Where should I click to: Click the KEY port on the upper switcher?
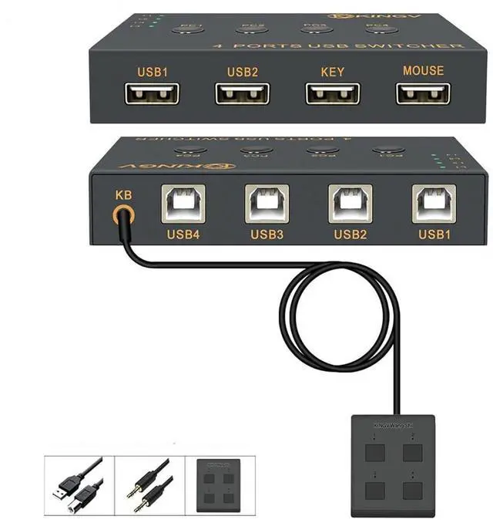point(333,93)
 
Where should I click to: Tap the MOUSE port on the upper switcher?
point(423,93)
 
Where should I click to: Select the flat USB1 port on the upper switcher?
point(153,93)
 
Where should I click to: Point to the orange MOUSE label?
point(423,71)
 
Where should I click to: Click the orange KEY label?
point(332,72)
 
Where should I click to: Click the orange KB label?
point(122,194)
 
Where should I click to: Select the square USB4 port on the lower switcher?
point(183,204)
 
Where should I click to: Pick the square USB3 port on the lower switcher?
point(267,204)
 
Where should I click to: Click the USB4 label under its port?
point(183,234)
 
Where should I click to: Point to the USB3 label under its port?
point(267,234)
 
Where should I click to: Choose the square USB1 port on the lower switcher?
point(434,204)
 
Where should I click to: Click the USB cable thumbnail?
point(79,484)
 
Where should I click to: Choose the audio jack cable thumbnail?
point(149,484)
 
